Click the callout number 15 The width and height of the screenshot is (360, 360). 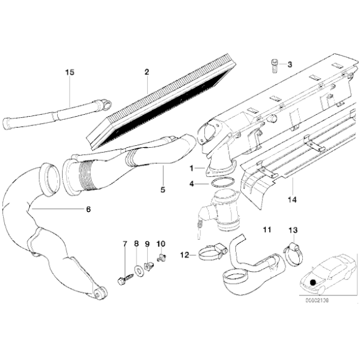70,73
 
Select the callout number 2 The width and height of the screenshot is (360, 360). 147,73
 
